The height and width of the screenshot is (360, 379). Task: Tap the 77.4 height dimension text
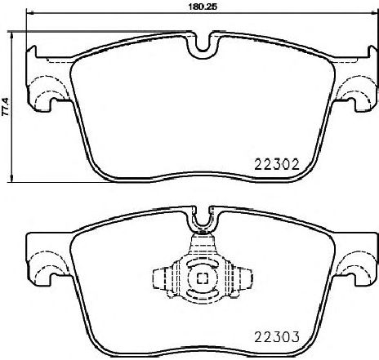[6, 106]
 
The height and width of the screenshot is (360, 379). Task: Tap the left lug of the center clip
[162, 279]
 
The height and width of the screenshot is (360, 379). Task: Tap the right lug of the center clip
[239, 279]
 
